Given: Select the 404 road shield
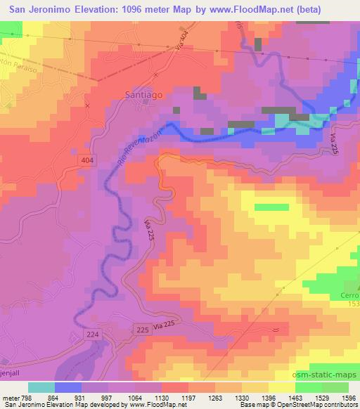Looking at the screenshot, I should [85, 162].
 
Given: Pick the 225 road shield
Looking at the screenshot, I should [141, 328].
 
